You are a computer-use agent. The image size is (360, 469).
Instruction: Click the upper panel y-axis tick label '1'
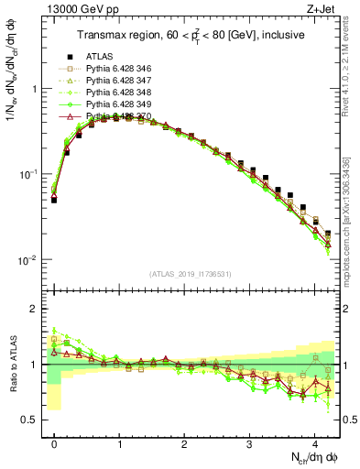[34, 89]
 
